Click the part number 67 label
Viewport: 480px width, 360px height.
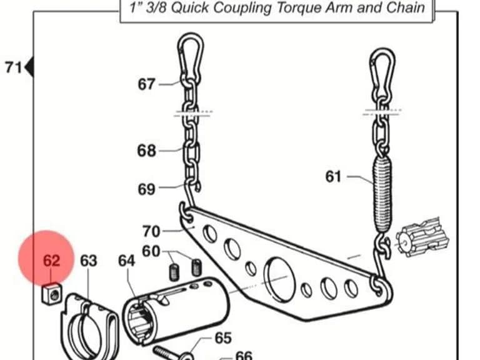146,84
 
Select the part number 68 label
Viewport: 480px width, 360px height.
146,151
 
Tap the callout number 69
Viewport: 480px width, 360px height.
146,189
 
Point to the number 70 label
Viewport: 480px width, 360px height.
151,231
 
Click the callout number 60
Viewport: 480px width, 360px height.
151,251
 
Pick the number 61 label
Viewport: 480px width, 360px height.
333,177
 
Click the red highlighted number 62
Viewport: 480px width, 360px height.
51,261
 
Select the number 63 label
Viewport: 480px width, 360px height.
89,261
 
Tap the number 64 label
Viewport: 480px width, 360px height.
127,261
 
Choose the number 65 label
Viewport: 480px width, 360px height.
223,338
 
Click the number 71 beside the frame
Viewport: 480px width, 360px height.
14,67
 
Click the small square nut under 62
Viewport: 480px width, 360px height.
51,294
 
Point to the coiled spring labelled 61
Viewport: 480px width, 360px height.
382,194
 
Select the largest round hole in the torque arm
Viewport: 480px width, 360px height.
279,279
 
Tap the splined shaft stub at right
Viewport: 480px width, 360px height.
422,237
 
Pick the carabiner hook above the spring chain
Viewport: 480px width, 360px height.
382,73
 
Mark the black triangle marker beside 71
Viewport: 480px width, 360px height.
29,67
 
